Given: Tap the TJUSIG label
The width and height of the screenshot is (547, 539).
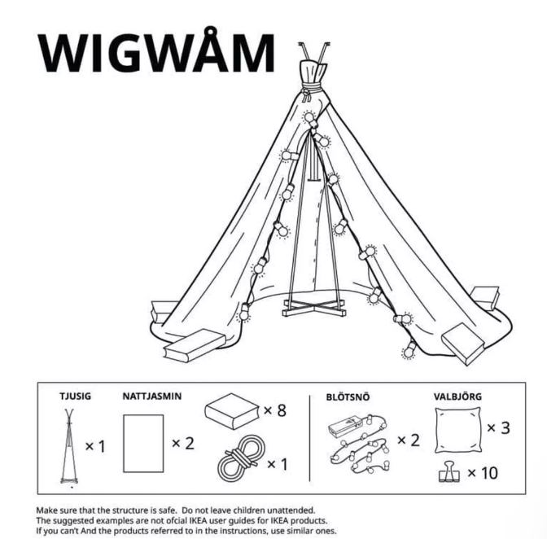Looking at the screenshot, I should (75, 397).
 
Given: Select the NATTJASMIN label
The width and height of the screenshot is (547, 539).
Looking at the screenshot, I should (152, 397).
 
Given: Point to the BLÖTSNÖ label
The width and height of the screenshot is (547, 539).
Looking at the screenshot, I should (348, 397).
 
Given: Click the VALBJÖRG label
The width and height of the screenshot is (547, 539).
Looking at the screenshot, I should (457, 397).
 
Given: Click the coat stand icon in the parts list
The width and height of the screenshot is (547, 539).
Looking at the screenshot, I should (69, 447).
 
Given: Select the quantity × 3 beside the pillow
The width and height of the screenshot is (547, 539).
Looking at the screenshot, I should (498, 427).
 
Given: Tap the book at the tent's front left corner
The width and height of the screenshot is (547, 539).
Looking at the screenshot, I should (194, 345).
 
